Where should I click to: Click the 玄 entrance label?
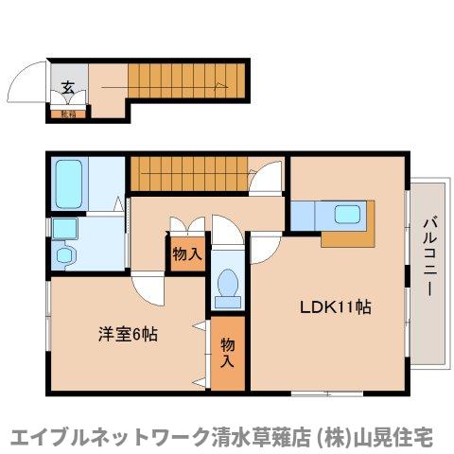pos(68,88)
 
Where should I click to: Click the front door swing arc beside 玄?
pos(28,91)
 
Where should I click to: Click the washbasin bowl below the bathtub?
pos(64,228)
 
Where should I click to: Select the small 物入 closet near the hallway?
pos(187,254)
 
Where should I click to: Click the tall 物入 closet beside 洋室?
pos(227,352)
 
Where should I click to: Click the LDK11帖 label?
pos(335,307)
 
